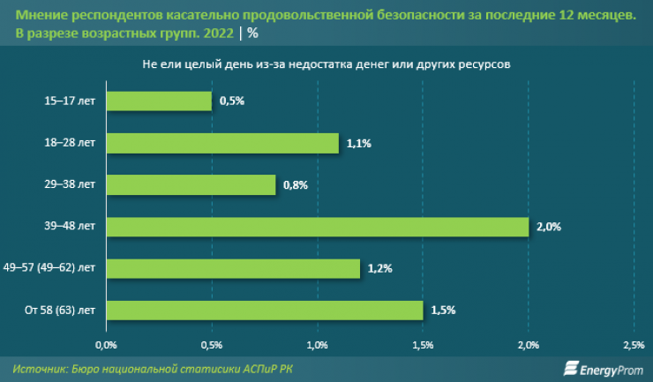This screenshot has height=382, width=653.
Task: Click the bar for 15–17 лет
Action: (x=159, y=101)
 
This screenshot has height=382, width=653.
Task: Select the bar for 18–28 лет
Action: (x=222, y=143)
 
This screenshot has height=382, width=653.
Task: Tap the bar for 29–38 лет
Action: (x=191, y=184)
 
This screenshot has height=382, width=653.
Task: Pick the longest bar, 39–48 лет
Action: (x=317, y=227)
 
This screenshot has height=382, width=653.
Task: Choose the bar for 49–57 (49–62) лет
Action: (x=233, y=268)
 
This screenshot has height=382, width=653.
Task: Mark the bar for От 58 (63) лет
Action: (x=265, y=310)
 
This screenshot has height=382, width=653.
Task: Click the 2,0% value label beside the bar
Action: (x=548, y=227)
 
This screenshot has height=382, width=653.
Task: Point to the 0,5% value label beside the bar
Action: (x=230, y=101)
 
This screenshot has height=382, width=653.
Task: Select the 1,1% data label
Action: (x=357, y=143)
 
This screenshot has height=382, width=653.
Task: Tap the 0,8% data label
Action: (x=294, y=184)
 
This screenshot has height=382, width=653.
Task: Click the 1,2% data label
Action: (x=379, y=268)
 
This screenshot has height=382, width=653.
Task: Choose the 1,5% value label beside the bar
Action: (x=442, y=310)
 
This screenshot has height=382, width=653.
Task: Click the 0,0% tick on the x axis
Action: (x=106, y=344)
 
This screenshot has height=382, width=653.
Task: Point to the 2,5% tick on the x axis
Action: (x=633, y=344)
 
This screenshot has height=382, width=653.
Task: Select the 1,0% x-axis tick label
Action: (x=317, y=344)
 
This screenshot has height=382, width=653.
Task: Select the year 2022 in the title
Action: (x=217, y=34)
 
